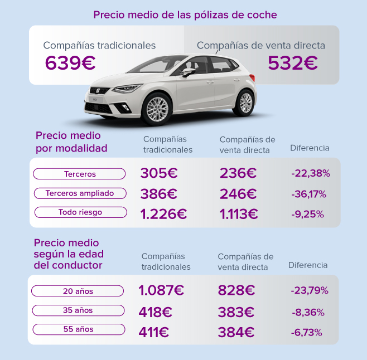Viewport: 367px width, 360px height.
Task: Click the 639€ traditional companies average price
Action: click(70, 63)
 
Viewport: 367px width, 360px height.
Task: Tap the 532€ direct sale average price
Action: click(292, 63)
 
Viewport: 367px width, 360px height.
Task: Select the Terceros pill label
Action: click(80, 174)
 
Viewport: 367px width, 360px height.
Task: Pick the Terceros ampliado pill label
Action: click(80, 193)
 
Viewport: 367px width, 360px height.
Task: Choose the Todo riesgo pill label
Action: click(80, 212)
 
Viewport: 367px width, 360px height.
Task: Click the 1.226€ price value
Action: click(163, 213)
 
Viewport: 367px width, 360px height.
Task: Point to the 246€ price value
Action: click(238, 194)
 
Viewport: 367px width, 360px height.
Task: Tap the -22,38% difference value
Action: click(311, 174)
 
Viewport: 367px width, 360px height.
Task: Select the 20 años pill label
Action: click(78, 291)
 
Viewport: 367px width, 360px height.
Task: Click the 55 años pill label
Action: click(78, 329)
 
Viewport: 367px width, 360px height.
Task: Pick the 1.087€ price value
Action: click(161, 290)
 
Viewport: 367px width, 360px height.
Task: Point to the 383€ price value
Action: click(236, 312)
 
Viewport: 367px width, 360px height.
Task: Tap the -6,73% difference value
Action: click(306, 333)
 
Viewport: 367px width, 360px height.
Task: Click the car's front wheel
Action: click(156, 109)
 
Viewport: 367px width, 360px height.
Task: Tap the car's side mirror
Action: click(189, 72)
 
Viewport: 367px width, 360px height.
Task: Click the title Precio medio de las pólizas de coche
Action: click(185, 14)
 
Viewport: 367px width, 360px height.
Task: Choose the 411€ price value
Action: click(154, 333)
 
